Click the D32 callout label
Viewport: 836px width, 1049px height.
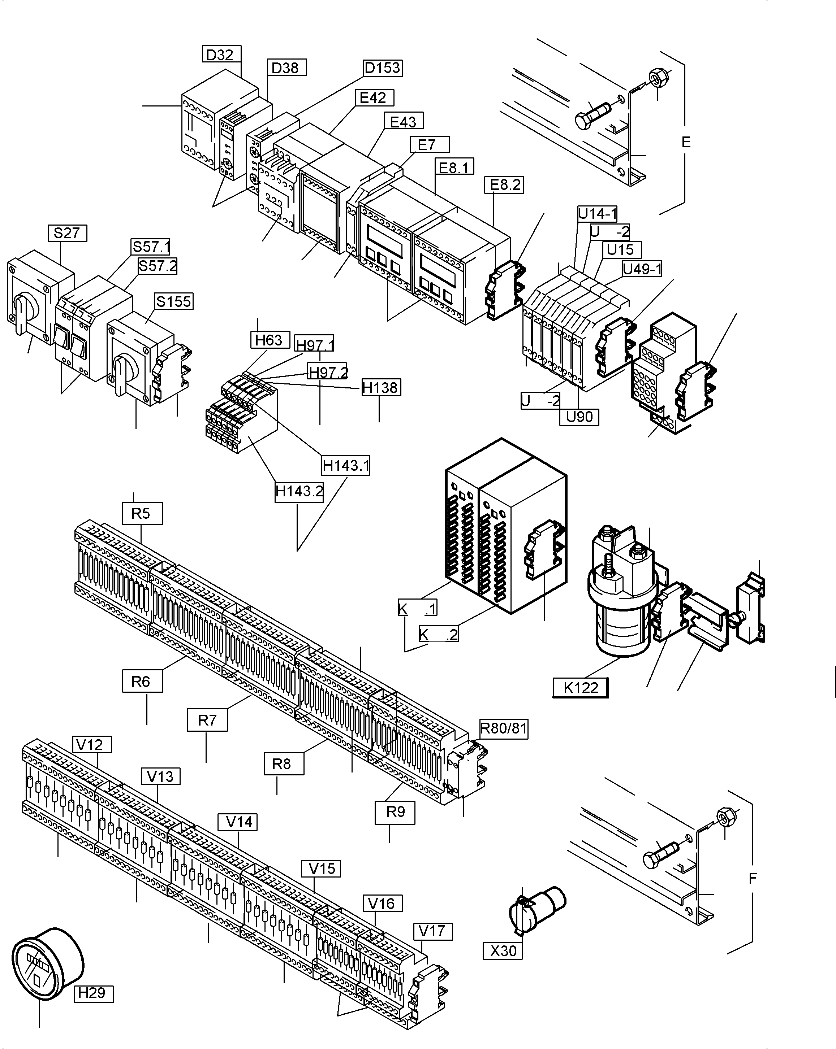[221, 54]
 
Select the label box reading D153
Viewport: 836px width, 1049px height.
[383, 68]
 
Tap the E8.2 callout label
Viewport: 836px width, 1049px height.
[504, 185]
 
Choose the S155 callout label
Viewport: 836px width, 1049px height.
[174, 301]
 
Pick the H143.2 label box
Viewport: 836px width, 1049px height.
[299, 491]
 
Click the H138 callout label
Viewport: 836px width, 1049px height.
[381, 387]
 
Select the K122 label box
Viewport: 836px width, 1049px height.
[580, 688]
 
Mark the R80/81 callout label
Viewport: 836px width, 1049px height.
[504, 728]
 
